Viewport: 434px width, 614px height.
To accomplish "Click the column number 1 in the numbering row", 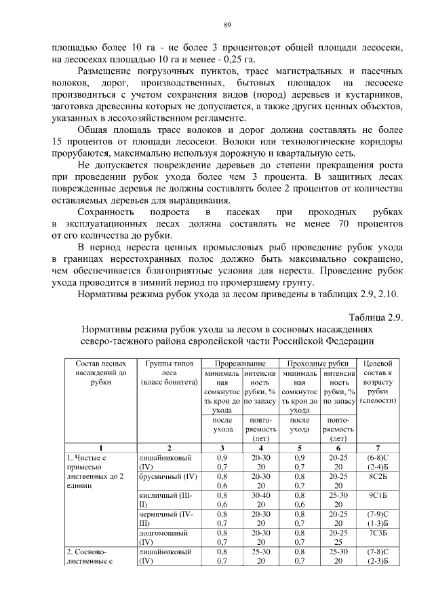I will (x=100, y=448).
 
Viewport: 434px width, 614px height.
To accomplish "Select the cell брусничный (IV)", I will (x=167, y=477).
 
